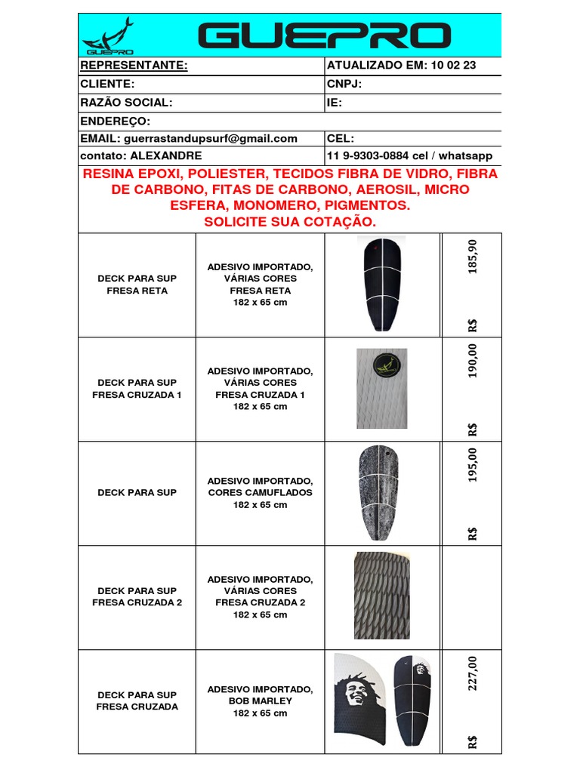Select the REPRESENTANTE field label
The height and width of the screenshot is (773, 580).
pyautogui.click(x=134, y=66)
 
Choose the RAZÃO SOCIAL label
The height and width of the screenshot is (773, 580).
pyautogui.click(x=126, y=103)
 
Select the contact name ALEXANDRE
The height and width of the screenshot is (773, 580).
pyautogui.click(x=166, y=156)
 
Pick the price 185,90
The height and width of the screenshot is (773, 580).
pyautogui.click(x=473, y=258)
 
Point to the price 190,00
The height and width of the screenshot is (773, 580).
pyautogui.click(x=473, y=362)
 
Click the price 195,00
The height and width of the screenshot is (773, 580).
pyautogui.click(x=473, y=466)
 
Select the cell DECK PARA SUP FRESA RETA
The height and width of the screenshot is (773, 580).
pyautogui.click(x=137, y=285)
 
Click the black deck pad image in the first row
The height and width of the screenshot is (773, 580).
pyautogui.click(x=382, y=285)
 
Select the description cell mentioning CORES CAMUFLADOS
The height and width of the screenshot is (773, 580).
pyautogui.click(x=261, y=492)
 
